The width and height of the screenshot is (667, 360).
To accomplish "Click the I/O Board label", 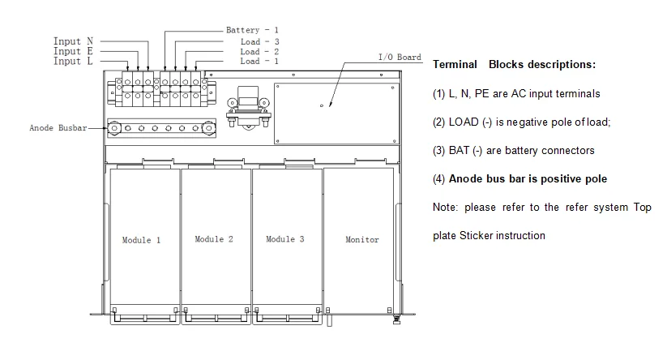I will tap(400, 58).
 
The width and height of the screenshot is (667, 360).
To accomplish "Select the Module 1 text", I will tap(141, 241).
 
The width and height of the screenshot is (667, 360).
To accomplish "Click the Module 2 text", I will tap(214, 239).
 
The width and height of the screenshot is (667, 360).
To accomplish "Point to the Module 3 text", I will tap(285, 239).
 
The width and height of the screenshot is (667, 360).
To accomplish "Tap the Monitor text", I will tap(361, 240).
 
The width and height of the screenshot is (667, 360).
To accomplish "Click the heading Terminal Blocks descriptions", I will tap(514, 64).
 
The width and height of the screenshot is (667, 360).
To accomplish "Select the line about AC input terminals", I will tap(516, 93).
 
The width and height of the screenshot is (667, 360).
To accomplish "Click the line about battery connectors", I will tap(513, 150).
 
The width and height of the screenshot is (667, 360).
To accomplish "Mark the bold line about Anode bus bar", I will tap(519, 178).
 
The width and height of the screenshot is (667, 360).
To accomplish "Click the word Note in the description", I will tap(444, 208).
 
